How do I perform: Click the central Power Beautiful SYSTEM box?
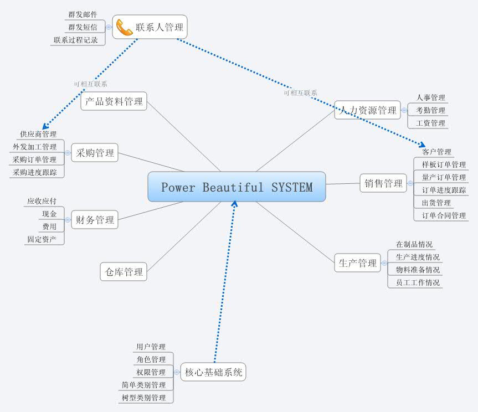(237, 187)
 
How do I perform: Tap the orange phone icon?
(124, 27)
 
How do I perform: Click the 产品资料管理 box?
(114, 101)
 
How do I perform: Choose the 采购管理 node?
(95, 153)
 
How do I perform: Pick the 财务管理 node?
(95, 220)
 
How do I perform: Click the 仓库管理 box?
(124, 272)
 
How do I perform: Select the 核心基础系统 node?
(213, 372)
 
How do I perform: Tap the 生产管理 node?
(357, 263)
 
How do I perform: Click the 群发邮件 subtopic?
(83, 14)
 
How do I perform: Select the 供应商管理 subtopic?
(38, 134)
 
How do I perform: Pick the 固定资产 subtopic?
(42, 239)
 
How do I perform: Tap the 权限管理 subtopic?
(151, 372)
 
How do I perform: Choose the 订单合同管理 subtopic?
(444, 215)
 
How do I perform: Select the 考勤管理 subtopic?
(430, 110)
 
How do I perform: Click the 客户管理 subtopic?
(436, 152)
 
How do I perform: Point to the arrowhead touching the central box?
(234, 204)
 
